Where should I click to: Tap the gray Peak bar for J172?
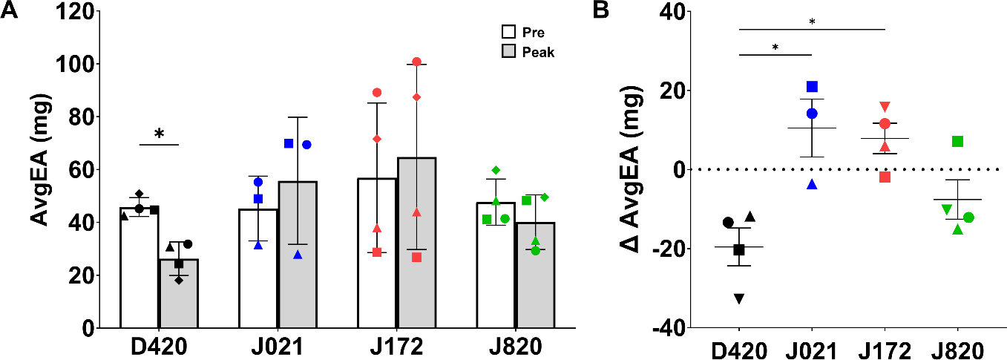(416, 245)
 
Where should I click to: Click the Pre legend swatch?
(508, 33)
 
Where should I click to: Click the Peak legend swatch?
(508, 52)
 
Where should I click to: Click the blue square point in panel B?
(812, 87)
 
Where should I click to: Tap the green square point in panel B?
(957, 141)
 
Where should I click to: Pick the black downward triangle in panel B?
(739, 298)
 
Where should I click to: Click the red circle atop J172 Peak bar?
(416, 62)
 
